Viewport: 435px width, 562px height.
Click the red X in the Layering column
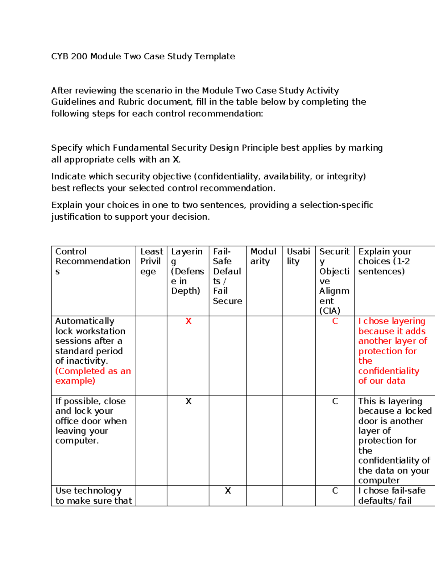point(188,321)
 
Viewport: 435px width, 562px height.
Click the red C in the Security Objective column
point(335,321)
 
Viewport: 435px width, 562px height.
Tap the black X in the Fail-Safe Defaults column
point(228,490)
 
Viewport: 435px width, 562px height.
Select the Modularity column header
point(264,256)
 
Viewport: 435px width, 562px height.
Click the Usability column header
point(298,256)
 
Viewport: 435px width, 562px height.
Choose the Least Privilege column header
point(152,261)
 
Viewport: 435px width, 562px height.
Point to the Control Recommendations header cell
point(92,261)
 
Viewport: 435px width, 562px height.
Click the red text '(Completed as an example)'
point(93,376)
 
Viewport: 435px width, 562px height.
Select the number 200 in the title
point(79,56)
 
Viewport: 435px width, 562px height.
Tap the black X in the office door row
point(188,401)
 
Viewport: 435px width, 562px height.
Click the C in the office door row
point(335,401)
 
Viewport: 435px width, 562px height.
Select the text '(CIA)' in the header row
point(330,310)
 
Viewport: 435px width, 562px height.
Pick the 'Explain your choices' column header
point(385,261)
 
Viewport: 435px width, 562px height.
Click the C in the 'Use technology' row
point(335,490)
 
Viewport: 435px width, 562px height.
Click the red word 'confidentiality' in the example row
point(389,371)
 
